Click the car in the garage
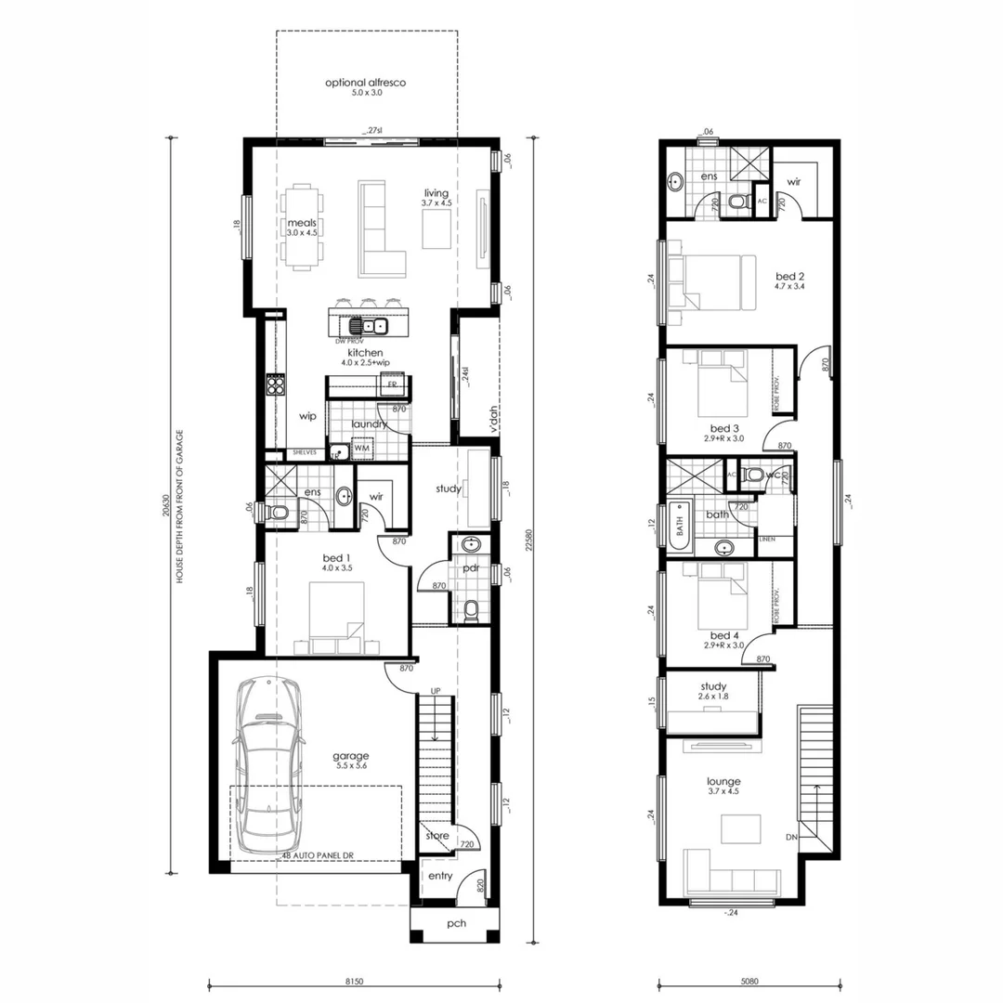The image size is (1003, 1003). (267, 766)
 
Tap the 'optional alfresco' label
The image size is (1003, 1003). (366, 83)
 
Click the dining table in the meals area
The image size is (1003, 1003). (302, 228)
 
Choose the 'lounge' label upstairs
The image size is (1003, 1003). (723, 782)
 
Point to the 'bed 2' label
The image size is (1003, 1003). (789, 276)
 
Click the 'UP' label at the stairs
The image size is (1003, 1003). (434, 691)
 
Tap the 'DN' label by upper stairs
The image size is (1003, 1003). (790, 837)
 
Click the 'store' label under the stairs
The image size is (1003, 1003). (436, 836)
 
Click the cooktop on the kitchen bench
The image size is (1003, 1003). (275, 384)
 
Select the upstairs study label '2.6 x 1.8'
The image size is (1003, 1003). (714, 697)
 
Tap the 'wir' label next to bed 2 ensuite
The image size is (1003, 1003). (794, 182)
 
